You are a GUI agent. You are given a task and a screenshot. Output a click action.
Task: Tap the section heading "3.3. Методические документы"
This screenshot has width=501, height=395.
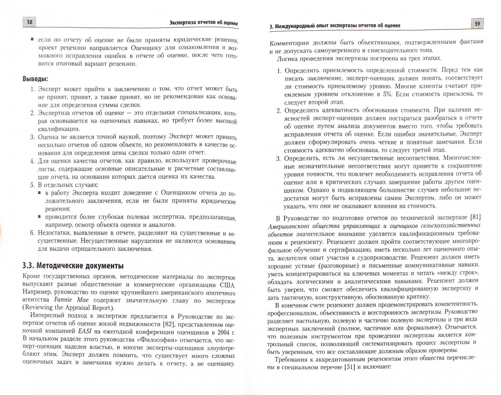[73, 266]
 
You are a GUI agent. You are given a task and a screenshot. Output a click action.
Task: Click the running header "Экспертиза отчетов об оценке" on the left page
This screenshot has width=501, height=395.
[204, 24]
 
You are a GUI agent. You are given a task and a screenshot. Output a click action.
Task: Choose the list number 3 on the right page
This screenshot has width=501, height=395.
[278, 158]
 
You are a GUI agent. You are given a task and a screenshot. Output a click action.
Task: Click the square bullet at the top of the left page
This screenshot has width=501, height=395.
[32, 39]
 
